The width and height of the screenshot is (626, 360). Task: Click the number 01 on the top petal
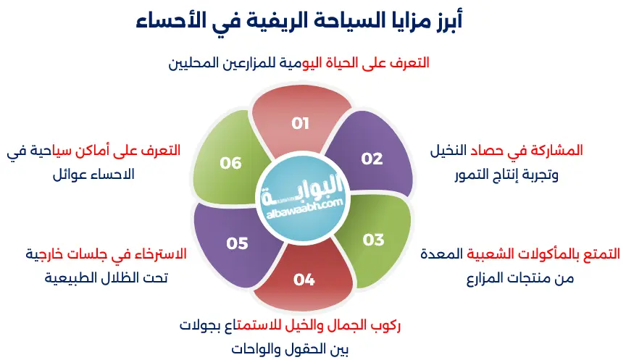point(301,123)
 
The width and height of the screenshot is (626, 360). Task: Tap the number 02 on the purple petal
point(372,159)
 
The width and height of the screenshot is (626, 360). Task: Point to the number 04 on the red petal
point(304,279)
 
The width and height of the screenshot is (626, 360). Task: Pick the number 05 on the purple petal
point(237,243)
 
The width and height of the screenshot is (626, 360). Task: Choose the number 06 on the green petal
point(230,163)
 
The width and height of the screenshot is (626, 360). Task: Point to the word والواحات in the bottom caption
point(256,349)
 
